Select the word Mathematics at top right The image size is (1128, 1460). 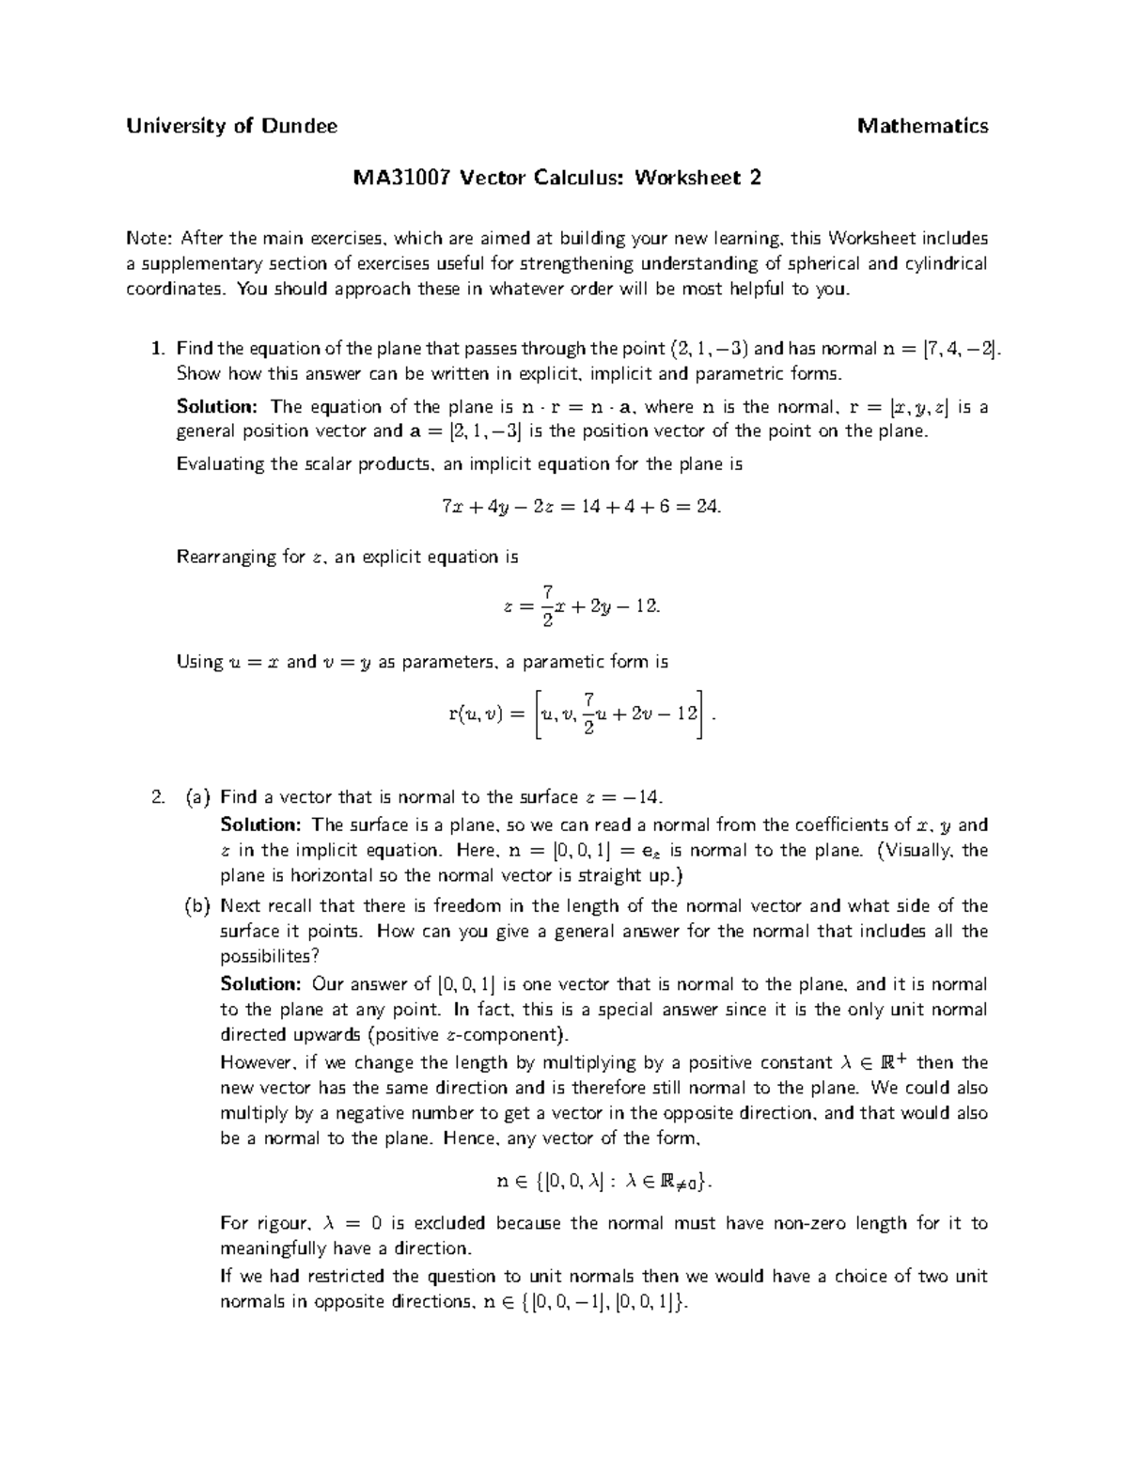click(x=922, y=126)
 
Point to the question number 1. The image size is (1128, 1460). click(x=156, y=349)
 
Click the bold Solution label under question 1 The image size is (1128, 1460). click(x=216, y=407)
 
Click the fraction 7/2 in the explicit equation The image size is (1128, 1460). click(x=547, y=605)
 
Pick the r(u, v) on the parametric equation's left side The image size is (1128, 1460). click(x=478, y=714)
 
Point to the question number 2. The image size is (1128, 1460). click(x=156, y=797)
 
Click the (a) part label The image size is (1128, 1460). click(x=198, y=797)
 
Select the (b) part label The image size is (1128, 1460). click(x=198, y=906)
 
